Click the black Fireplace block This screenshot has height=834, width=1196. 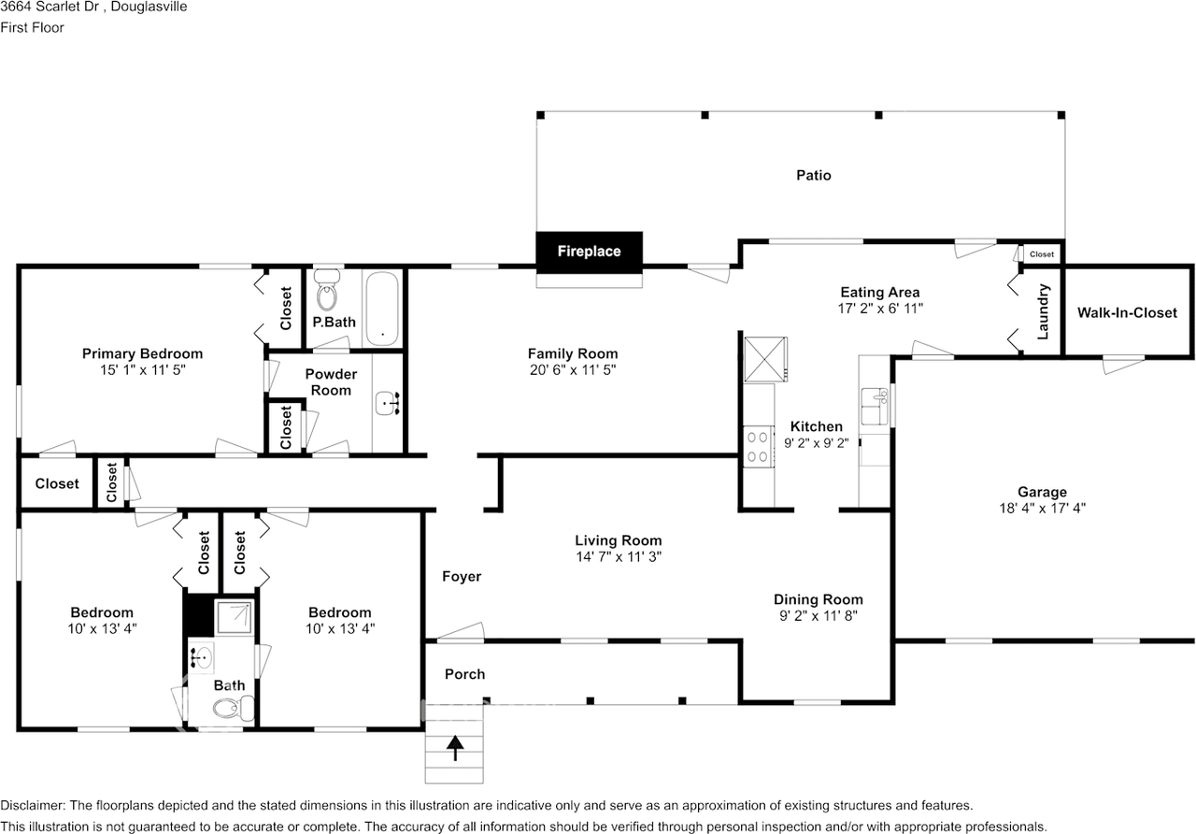589,252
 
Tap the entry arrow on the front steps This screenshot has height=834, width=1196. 455,748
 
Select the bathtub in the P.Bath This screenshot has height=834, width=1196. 382,309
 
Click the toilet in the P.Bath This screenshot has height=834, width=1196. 327,290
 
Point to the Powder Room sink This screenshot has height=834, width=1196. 388,403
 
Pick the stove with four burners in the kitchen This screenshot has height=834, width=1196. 758,447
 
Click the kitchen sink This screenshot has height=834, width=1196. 875,407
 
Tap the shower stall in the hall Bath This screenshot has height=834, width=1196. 234,617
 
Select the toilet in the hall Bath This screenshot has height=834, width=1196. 234,709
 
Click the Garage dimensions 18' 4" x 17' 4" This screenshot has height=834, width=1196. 1042,508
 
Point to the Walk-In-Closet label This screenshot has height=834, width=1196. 1127,312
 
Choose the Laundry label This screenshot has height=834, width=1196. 1043,311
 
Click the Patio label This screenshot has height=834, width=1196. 814,175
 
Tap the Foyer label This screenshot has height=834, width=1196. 462,577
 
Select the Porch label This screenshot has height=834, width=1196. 465,674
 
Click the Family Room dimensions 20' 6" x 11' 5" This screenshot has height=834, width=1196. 573,369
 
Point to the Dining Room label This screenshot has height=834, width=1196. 819,599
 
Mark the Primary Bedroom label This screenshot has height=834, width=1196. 143,353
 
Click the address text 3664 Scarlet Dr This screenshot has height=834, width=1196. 50,7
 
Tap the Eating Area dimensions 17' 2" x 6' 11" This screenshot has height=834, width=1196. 880,309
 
